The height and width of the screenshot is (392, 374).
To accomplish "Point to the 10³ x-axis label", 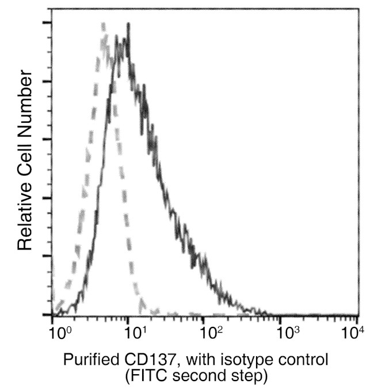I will [x=285, y=333].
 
